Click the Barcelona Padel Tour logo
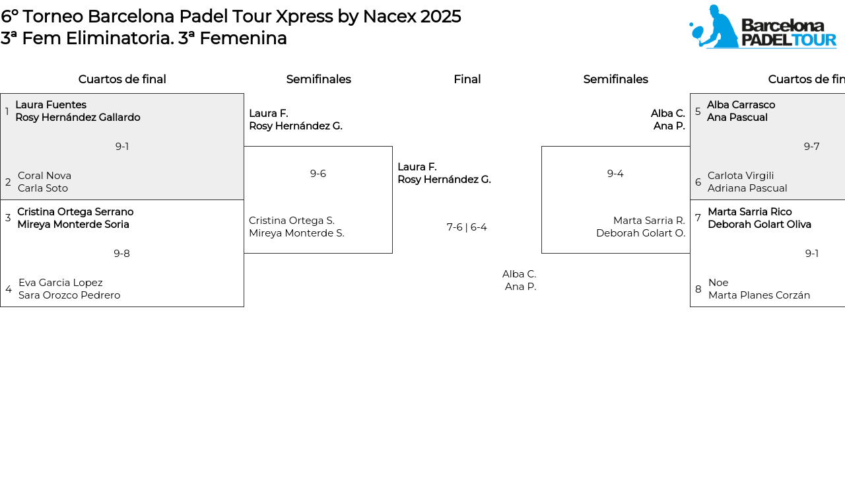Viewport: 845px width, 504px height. pos(762,26)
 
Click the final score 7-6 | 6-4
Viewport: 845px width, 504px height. pos(467,227)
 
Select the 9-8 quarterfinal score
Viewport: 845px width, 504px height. pos(121,254)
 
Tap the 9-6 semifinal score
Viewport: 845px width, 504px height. pos(318,174)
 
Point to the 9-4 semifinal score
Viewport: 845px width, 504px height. pos(615,174)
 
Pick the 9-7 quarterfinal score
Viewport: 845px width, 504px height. pos(811,147)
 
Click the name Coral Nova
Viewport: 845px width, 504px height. pos(44,176)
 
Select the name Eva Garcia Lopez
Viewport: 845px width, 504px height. pos(60,283)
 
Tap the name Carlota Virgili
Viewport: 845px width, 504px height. pos(741,176)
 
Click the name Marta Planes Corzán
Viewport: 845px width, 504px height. pos(759,295)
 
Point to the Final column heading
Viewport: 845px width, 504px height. pos(467,79)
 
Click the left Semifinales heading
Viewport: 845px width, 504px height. pos(318,79)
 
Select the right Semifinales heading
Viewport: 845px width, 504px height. pos(616,79)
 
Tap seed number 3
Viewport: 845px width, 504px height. pos(8,218)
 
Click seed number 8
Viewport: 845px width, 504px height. pos(698,289)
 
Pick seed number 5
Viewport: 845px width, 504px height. pos(698,112)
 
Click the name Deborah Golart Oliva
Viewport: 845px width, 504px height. pos(759,224)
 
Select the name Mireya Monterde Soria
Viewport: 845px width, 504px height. pos(73,224)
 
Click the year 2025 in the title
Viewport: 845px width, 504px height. pos(440,17)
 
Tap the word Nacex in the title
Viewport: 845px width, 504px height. pos(389,17)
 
